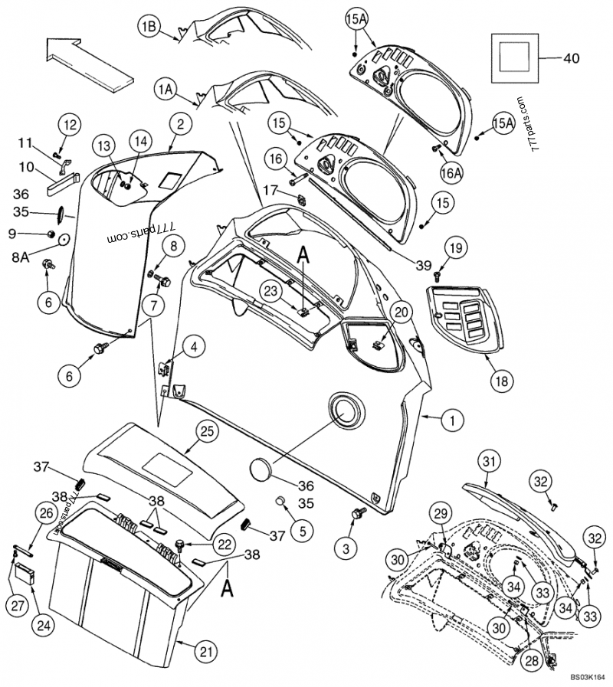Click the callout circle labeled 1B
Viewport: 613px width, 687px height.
[149, 27]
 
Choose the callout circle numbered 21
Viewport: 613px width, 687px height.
[204, 652]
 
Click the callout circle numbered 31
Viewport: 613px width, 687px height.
[490, 461]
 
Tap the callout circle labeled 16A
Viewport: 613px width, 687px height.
[451, 174]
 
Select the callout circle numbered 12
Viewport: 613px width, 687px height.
[70, 125]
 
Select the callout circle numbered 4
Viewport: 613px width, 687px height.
[195, 347]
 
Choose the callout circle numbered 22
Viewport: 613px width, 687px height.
[224, 544]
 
